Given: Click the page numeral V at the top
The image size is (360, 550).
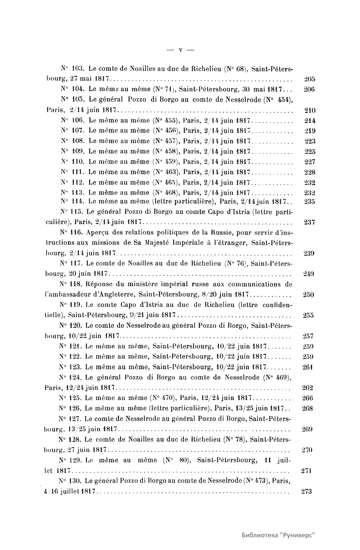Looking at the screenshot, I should coord(180,50).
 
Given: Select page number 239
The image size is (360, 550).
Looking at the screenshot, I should coord(309,253).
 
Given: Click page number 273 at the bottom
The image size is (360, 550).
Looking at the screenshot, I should coord(306,491).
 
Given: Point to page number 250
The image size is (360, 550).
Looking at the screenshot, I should coord(308,295).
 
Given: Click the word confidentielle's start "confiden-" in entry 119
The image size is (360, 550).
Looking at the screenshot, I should coord(277,305).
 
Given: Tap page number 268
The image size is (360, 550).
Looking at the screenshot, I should coord(307,409).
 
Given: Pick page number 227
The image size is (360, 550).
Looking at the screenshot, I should coord(310,162).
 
